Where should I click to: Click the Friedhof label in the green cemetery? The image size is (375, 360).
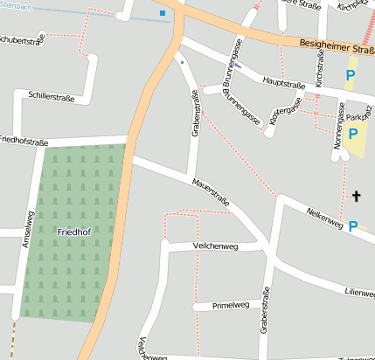pos(72,232)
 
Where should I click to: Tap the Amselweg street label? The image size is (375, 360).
pos(29,230)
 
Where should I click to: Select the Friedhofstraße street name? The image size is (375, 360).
pos(24,140)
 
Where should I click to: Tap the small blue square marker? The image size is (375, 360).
pos(162,13)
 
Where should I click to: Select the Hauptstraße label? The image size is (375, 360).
pos(281,85)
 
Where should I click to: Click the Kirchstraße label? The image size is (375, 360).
pos(320,72)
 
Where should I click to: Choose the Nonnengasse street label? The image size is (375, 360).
pos(339,121)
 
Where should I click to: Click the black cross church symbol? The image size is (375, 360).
pos(356,196)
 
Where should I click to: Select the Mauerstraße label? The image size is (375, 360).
pos(211,191)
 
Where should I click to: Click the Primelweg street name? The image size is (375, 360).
pos(232,306)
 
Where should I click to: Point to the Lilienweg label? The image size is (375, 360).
pos(358,292)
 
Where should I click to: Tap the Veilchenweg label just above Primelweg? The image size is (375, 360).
pos(214,247)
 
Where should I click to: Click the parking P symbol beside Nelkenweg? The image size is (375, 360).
pos(352,226)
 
